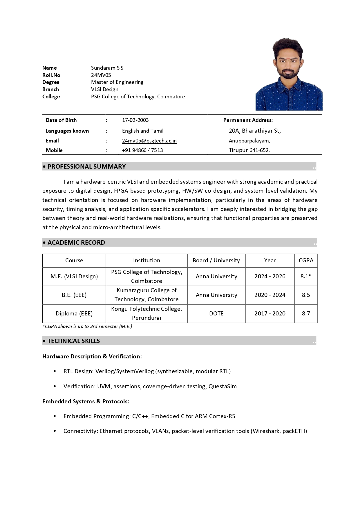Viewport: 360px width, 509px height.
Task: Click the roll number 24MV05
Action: tap(101, 75)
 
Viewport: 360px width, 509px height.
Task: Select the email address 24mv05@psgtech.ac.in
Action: tap(149, 141)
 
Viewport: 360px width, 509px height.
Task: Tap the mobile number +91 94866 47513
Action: tap(142, 150)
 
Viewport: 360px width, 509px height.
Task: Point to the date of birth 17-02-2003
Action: tap(135, 120)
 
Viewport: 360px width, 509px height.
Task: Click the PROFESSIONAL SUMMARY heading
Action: tap(86, 167)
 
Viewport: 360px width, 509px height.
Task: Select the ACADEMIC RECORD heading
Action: tap(76, 243)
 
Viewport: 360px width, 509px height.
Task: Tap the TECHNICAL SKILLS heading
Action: tap(74, 341)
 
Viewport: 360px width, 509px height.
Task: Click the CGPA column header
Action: tap(306, 261)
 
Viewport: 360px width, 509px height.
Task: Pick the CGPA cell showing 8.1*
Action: tap(306, 276)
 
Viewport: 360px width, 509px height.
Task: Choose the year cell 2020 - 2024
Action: tap(270, 295)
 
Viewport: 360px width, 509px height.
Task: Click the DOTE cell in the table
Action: tap(216, 314)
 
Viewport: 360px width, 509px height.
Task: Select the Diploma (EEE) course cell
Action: tap(74, 314)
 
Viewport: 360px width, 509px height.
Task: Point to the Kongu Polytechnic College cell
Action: tap(146, 313)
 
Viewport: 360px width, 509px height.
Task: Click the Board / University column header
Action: tap(216, 261)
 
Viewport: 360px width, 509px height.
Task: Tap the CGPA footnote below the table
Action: tap(87, 326)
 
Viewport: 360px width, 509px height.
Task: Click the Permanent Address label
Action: tap(248, 120)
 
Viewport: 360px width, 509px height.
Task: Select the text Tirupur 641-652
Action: tap(249, 150)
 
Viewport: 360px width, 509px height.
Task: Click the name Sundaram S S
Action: tap(107, 68)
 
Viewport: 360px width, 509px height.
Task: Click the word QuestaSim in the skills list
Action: tap(222, 387)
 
